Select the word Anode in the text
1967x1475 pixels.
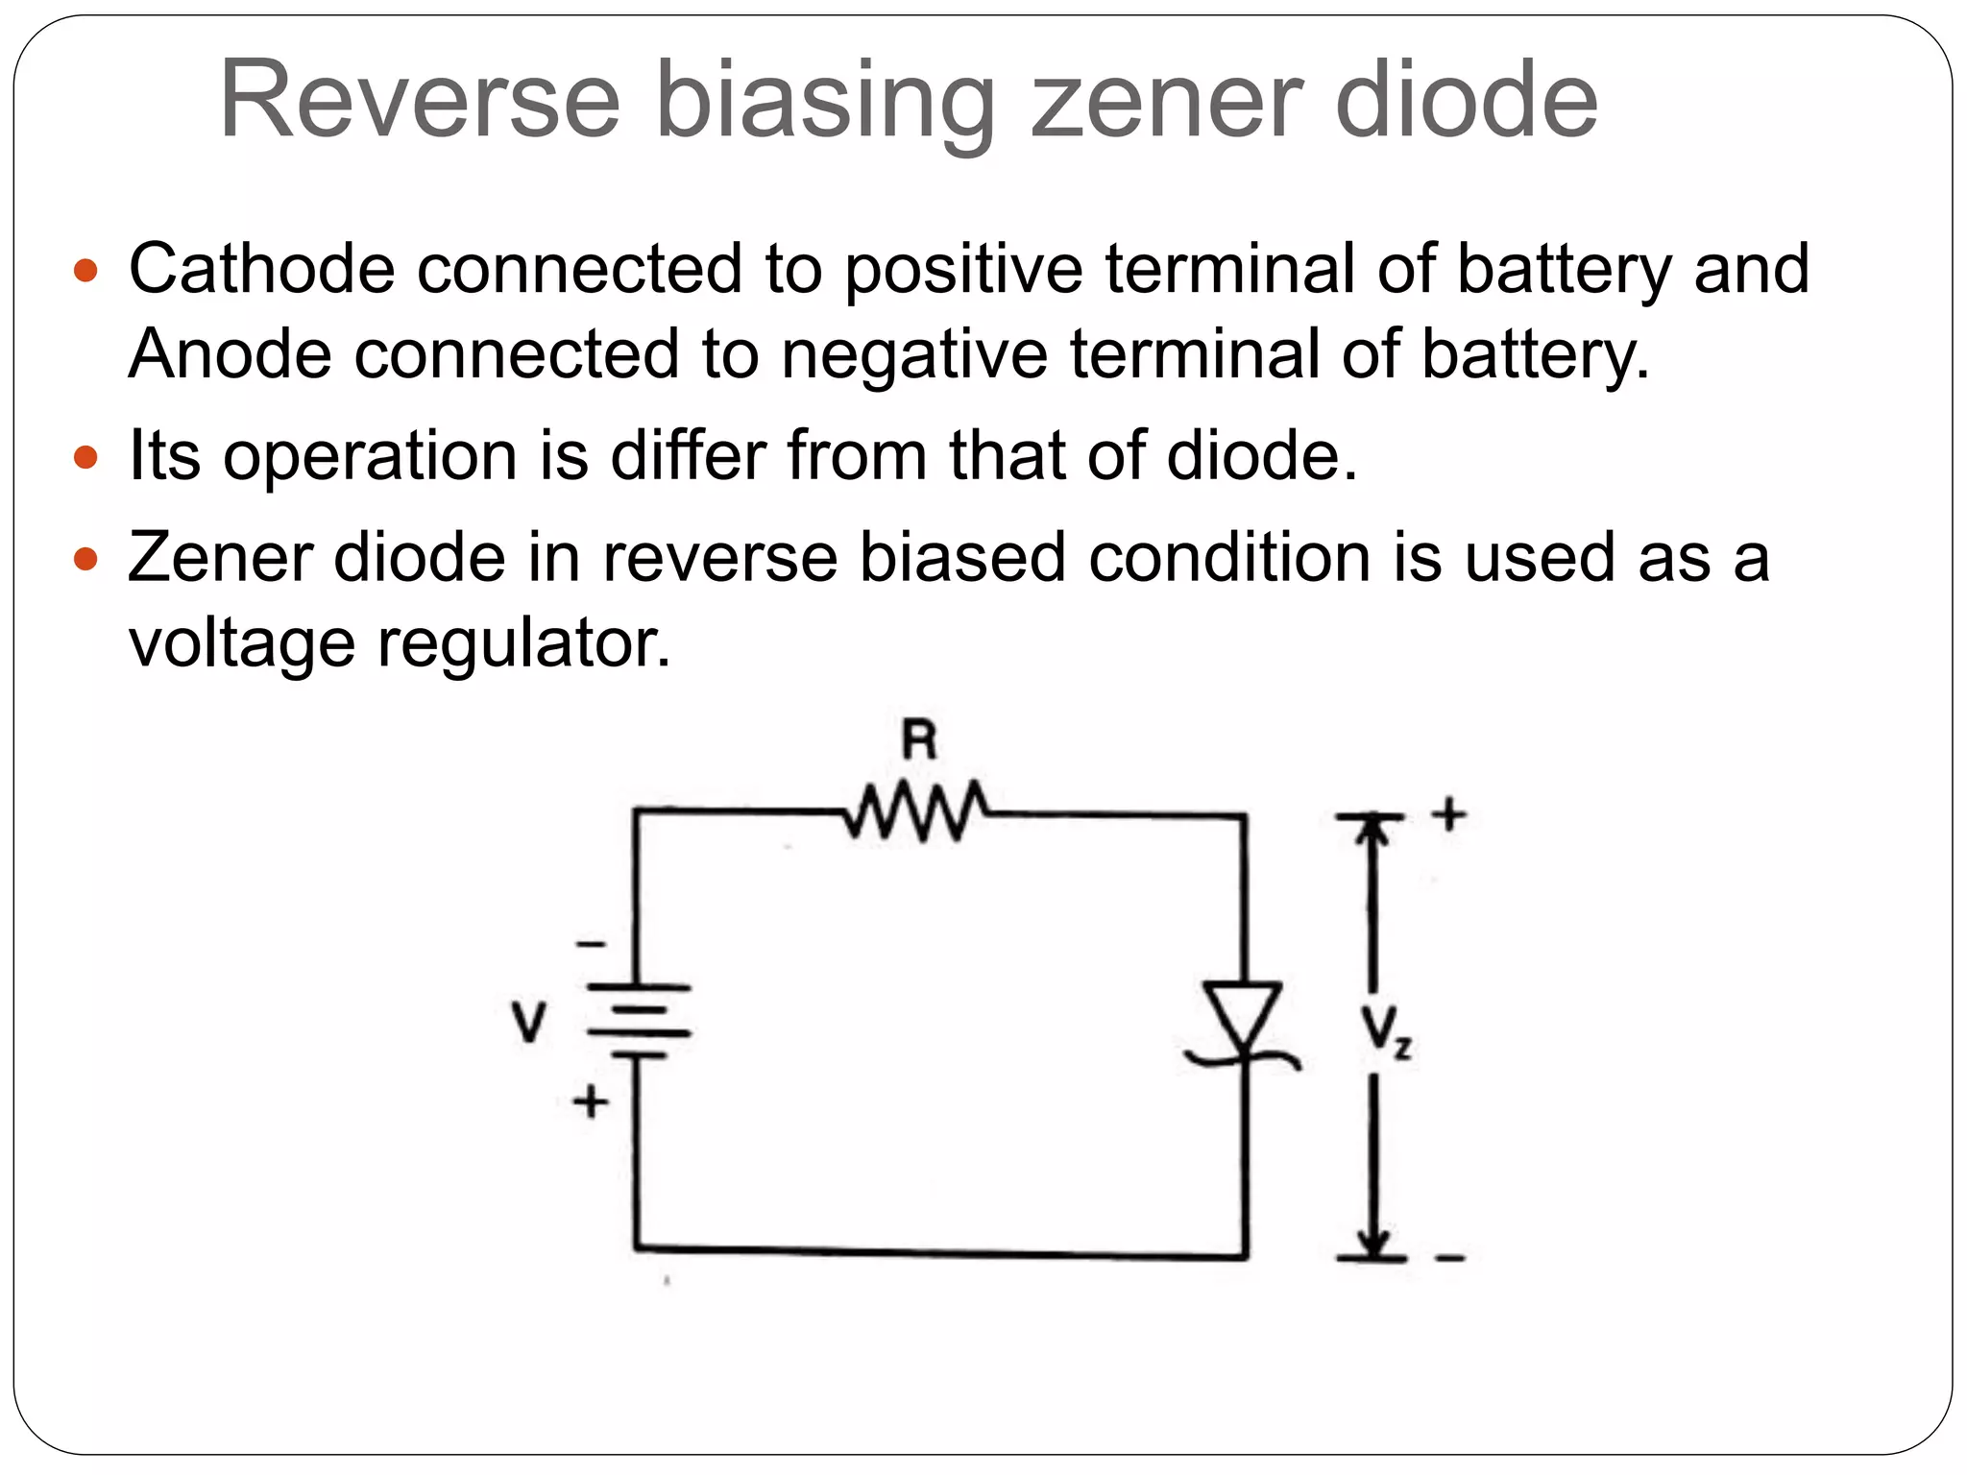coord(230,354)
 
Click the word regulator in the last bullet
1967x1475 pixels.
coord(523,643)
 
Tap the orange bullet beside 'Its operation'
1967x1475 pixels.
coord(85,457)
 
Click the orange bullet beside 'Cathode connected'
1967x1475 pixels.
coord(85,270)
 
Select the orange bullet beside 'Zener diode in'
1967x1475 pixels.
coord(85,558)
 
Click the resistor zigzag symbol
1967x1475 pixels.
coord(916,811)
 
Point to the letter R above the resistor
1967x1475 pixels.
coord(919,740)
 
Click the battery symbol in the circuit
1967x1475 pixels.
coord(639,1021)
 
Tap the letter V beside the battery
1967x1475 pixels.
coord(528,1022)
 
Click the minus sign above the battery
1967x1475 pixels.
coord(591,945)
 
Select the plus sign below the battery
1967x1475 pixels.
coord(591,1101)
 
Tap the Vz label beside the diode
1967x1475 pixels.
coord(1384,1031)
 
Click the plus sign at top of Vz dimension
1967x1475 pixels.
coord(1449,814)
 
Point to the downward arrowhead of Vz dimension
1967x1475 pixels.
coord(1373,1244)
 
